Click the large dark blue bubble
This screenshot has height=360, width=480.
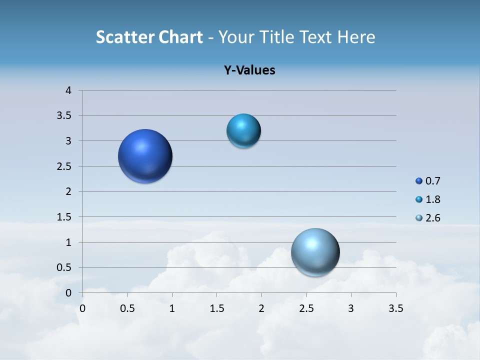[x=145, y=156]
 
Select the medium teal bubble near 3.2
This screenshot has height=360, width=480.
[x=243, y=131]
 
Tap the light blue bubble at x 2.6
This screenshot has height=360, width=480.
[x=315, y=252]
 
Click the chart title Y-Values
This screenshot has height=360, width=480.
[x=249, y=70]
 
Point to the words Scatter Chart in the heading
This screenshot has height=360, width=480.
[x=149, y=37]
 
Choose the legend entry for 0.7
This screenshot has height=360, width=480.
[x=428, y=181]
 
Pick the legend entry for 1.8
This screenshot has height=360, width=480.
[x=428, y=199]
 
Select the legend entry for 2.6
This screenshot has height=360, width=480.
[x=428, y=218]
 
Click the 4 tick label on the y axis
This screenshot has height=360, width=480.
[x=69, y=90]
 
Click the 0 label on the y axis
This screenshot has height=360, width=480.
[x=69, y=293]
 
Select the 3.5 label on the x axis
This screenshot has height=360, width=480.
[x=395, y=308]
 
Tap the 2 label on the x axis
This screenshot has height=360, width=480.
[x=261, y=308]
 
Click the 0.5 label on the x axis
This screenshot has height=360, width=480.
[x=127, y=308]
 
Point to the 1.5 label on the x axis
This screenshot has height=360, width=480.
[x=216, y=308]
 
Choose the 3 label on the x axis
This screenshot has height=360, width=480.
[x=351, y=308]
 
